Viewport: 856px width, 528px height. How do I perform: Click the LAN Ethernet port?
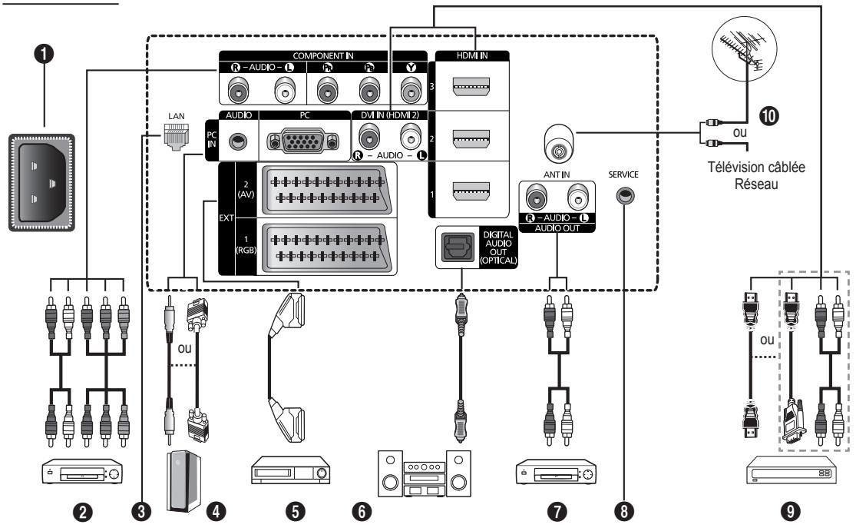(x=177, y=137)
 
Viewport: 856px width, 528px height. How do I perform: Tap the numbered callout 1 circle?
(x=44, y=54)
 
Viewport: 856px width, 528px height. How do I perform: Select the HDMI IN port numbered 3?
(x=471, y=86)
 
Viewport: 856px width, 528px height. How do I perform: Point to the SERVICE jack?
(x=625, y=195)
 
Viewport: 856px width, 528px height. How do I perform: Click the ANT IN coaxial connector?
(x=559, y=143)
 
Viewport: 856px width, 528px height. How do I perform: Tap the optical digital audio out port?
(x=458, y=247)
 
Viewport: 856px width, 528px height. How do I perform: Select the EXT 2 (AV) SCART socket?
(x=326, y=190)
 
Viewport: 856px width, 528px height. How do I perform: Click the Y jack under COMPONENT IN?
(x=411, y=90)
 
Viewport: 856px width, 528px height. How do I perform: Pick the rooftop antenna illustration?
(x=745, y=50)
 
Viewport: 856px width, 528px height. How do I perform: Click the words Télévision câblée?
(x=756, y=168)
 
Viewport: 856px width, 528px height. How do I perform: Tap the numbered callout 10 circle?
(x=768, y=115)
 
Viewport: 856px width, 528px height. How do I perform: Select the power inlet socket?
(x=41, y=183)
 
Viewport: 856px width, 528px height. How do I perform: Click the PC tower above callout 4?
(x=183, y=480)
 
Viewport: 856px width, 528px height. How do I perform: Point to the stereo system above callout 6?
(x=425, y=473)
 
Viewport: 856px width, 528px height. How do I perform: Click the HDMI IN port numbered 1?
(x=471, y=191)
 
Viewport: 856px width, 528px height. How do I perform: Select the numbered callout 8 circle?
(x=624, y=512)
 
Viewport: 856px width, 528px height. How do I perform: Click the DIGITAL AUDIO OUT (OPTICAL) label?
(x=498, y=247)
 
